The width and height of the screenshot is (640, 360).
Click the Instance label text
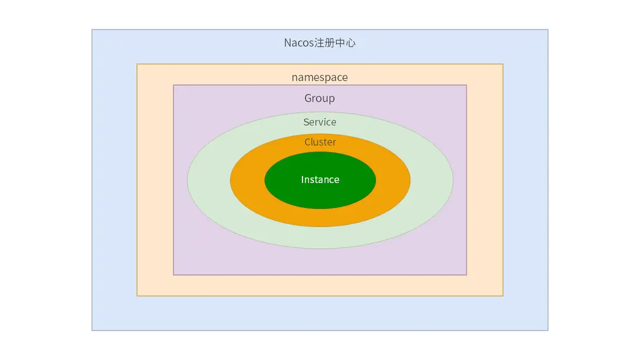tap(320, 180)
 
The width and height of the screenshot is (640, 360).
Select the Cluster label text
tap(320, 142)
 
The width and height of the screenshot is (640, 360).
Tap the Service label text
tap(319, 122)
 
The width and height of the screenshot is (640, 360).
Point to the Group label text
tap(319, 98)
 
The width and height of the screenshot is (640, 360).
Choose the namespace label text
tap(319, 77)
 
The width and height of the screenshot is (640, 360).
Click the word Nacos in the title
tap(299, 43)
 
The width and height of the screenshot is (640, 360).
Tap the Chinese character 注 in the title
tap(319, 43)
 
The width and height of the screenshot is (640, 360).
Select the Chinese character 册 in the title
tap(330, 43)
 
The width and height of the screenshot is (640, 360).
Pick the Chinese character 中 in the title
tap(340, 43)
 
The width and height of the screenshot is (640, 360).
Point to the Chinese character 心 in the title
tap(351, 43)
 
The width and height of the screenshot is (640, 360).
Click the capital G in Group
tap(308, 98)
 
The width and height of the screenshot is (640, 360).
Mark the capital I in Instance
tap(302, 180)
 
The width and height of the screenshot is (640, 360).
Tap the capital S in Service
tap(306, 122)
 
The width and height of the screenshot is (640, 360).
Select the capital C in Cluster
tap(307, 142)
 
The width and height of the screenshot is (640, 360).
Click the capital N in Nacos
tap(287, 43)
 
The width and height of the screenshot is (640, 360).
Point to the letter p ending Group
tap(332, 100)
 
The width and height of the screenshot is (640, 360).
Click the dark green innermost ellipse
tap(320, 180)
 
